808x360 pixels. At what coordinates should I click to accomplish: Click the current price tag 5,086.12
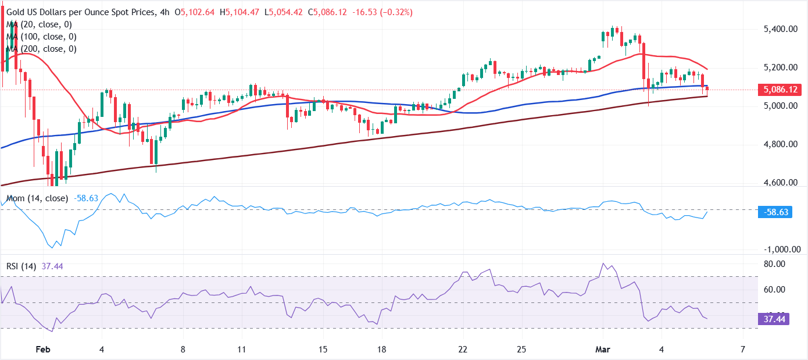point(781,90)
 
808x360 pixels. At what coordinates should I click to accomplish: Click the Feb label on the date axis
point(43,350)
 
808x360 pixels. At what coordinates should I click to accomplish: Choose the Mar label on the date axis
point(602,350)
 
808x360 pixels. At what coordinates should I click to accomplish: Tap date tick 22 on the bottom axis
point(463,350)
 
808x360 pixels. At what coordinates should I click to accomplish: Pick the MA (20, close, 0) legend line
point(38,24)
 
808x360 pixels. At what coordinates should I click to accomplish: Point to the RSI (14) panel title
point(21,266)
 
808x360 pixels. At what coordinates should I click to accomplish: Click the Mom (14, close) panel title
point(36,198)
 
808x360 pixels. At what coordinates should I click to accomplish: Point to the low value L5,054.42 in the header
point(285,12)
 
